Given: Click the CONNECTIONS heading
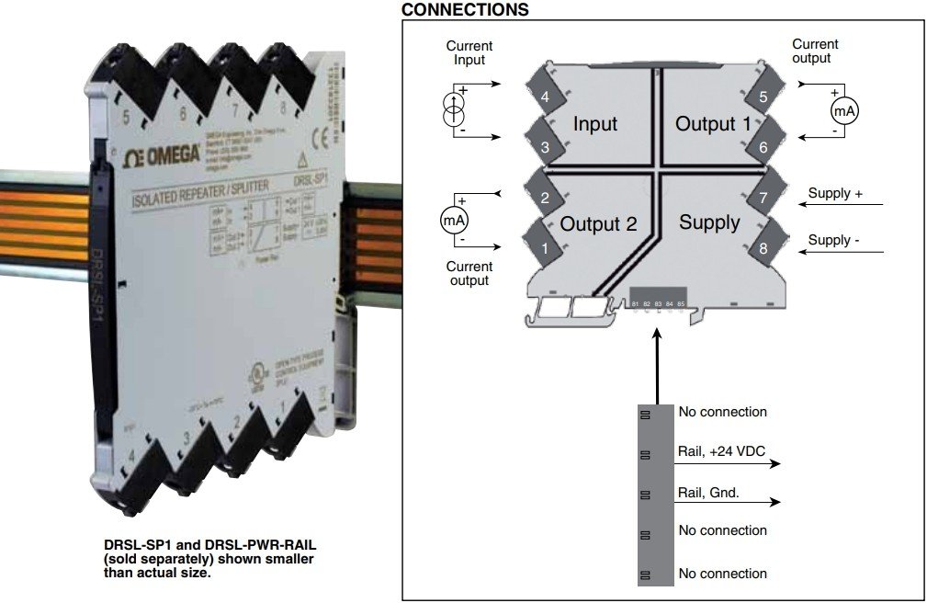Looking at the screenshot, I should click(x=465, y=10).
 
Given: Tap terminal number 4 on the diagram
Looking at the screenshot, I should click(x=546, y=97).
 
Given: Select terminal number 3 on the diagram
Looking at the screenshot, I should click(x=546, y=146).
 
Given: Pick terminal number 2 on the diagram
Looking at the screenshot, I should click(x=546, y=197).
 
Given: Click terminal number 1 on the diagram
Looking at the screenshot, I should click(x=546, y=246).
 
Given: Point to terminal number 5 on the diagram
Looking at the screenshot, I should click(x=763, y=97).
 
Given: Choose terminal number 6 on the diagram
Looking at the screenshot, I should click(x=763, y=146).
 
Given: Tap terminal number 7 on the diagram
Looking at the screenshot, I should click(x=763, y=197).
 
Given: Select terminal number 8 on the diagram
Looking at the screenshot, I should click(x=763, y=246).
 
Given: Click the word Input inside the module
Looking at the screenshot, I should click(x=595, y=124).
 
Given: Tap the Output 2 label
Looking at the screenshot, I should click(x=598, y=223).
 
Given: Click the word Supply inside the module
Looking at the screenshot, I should click(x=709, y=222).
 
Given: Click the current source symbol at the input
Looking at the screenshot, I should click(x=453, y=110).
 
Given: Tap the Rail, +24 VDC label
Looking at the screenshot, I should click(x=722, y=450).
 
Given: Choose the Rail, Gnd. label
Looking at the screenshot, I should click(x=708, y=493).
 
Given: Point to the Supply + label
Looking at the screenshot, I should click(x=835, y=194).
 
